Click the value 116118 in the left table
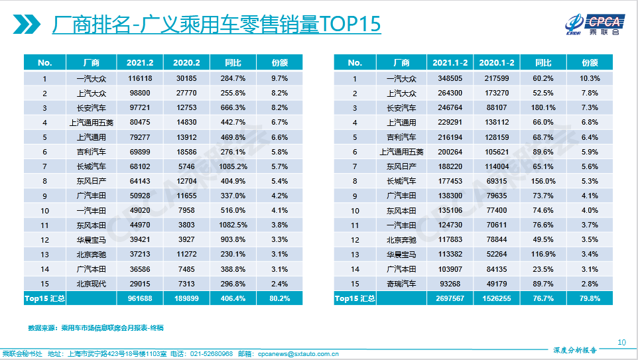click(x=140, y=79)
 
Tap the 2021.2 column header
click(x=140, y=63)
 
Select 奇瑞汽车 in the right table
click(x=401, y=284)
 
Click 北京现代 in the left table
click(x=91, y=284)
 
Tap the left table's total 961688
click(x=140, y=299)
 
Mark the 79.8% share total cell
click(x=590, y=299)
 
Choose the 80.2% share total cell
click(x=279, y=299)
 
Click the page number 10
click(x=621, y=342)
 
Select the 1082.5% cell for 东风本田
click(x=233, y=224)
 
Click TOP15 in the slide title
click(x=350, y=25)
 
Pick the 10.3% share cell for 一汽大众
click(x=590, y=79)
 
